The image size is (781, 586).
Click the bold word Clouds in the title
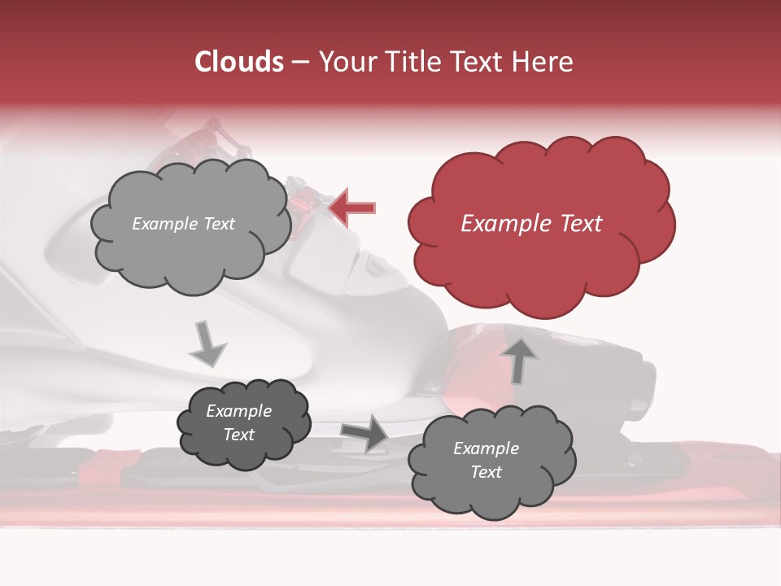tap(239, 62)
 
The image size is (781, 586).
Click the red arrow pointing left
tap(352, 208)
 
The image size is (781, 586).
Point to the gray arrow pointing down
tap(208, 344)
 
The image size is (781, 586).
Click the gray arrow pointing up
tap(521, 359)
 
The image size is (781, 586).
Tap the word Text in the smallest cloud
tap(239, 435)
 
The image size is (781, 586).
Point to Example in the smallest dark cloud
tap(239, 411)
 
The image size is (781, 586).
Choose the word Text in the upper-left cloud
tap(219, 224)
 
